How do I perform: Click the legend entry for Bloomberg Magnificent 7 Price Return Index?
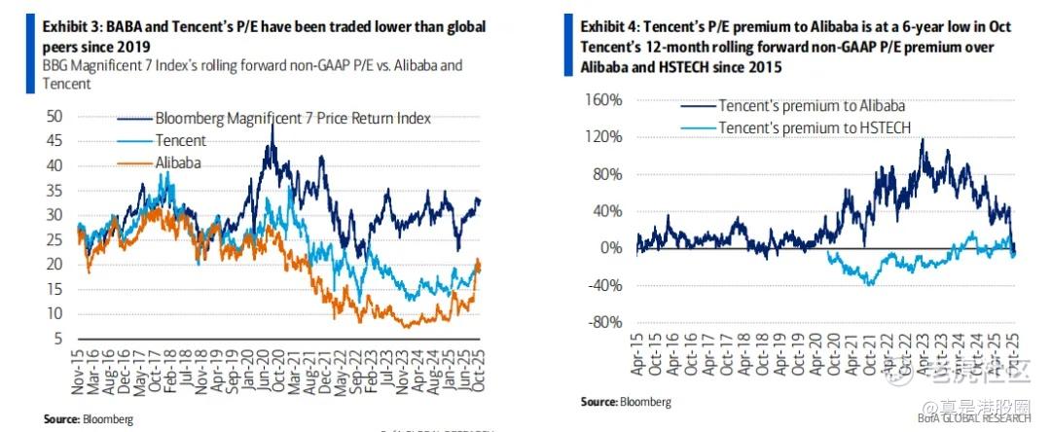(292, 118)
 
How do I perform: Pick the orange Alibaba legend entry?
(178, 162)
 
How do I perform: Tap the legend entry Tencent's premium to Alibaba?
(812, 106)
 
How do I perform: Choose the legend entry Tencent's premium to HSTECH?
(810, 127)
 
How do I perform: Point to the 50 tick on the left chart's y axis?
(56, 116)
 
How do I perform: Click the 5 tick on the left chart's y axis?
(60, 338)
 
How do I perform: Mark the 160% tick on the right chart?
(602, 100)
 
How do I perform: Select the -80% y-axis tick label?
(603, 322)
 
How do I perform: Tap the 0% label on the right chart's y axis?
(610, 248)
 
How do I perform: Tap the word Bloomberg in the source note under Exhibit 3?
(107, 418)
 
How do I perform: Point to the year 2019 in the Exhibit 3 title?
(143, 46)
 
